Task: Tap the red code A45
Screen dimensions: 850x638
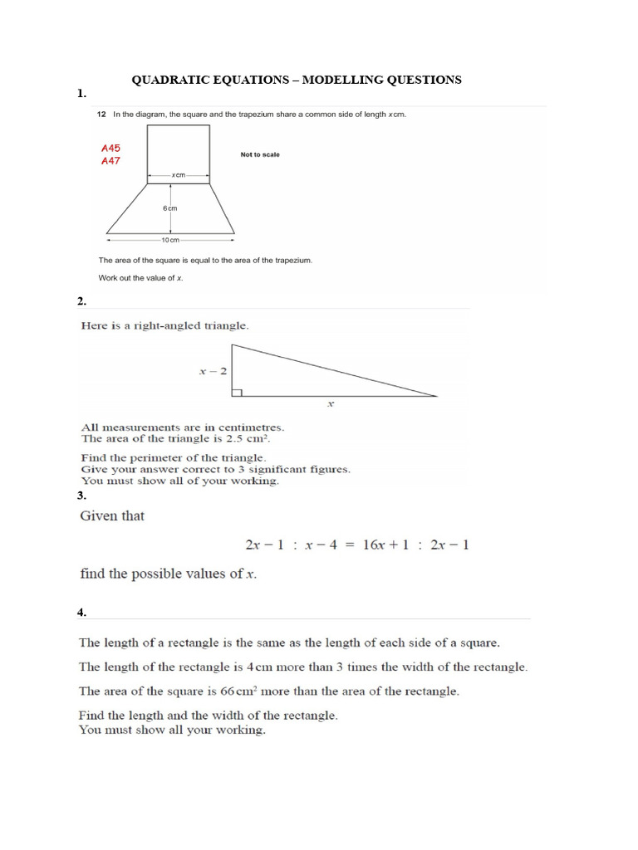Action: pos(111,148)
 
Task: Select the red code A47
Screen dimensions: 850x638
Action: pos(111,161)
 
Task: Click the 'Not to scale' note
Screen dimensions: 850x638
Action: pos(260,154)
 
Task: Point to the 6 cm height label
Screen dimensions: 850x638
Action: pos(169,208)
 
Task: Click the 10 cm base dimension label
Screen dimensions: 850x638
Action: pos(169,240)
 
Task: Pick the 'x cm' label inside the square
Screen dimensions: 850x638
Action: pos(178,175)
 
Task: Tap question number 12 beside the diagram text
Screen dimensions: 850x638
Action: pos(101,115)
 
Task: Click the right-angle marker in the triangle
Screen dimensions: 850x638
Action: pos(237,392)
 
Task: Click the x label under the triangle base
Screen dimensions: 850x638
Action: pos(331,405)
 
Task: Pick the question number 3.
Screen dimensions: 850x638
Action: pos(81,496)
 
